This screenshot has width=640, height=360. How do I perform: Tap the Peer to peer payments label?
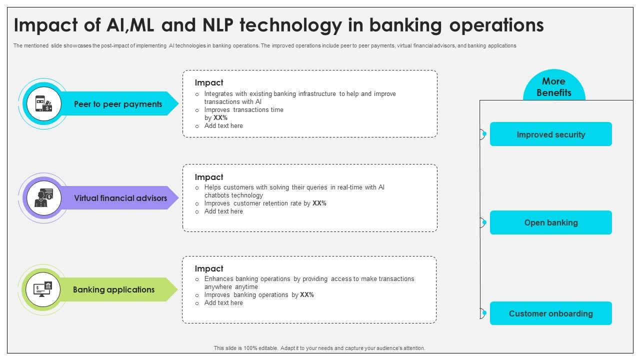pyautogui.click(x=118, y=104)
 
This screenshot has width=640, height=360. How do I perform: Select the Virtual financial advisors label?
pyautogui.click(x=120, y=198)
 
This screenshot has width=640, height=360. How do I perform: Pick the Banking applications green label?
pyautogui.click(x=113, y=289)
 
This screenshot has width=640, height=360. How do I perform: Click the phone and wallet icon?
pyautogui.click(x=43, y=104)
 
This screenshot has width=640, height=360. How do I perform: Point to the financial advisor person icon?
pyautogui.click(x=43, y=198)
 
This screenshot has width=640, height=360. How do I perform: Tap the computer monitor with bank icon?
pyautogui.click(x=43, y=289)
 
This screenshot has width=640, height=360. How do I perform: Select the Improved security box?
pyautogui.click(x=550, y=134)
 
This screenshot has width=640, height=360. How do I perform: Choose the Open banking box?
pyautogui.click(x=550, y=222)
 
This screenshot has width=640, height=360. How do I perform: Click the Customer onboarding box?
pyautogui.click(x=550, y=313)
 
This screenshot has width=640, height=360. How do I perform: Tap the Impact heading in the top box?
pyautogui.click(x=209, y=83)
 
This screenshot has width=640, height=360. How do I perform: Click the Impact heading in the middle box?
pyautogui.click(x=209, y=177)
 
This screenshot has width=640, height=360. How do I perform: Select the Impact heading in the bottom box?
pyautogui.click(x=209, y=268)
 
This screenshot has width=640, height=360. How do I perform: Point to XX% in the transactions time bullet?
pyautogui.click(x=220, y=118)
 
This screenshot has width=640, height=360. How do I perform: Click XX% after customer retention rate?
pyautogui.click(x=319, y=203)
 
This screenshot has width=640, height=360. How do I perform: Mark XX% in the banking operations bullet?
pyautogui.click(x=307, y=295)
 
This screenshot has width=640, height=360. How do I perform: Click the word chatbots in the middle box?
pyautogui.click(x=217, y=195)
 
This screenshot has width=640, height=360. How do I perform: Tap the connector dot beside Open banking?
pyautogui.click(x=484, y=222)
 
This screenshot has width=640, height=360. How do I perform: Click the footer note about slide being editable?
pyautogui.click(x=319, y=348)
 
